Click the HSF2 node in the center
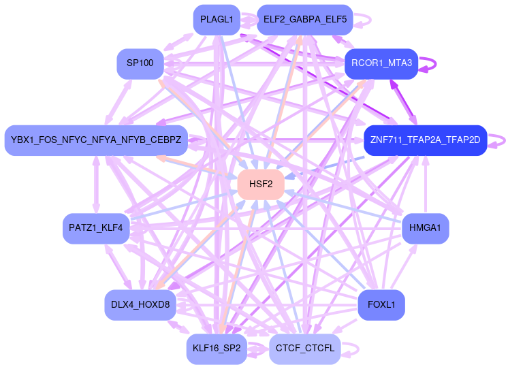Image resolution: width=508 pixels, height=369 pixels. click(260, 184)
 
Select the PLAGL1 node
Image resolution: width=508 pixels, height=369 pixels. click(217, 20)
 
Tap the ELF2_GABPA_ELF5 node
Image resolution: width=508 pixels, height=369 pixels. click(304, 20)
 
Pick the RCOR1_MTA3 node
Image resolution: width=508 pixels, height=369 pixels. click(381, 63)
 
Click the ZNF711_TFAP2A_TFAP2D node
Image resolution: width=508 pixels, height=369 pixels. click(425, 140)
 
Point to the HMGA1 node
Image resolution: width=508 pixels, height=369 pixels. click(426, 227)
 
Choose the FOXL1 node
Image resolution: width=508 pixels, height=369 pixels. click(381, 304)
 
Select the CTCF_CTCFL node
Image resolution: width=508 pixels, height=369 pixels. click(304, 349)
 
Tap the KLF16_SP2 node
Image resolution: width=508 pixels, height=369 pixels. click(217, 349)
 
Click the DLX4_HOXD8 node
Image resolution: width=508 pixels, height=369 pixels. click(140, 304)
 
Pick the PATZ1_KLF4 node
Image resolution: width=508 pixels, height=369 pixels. click(96, 227)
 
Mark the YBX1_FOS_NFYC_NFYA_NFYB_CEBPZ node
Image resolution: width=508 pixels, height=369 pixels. click(96, 140)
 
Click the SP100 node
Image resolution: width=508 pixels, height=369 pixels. click(140, 63)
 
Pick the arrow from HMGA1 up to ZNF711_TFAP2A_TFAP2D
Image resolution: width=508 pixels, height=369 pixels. click(426, 184)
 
